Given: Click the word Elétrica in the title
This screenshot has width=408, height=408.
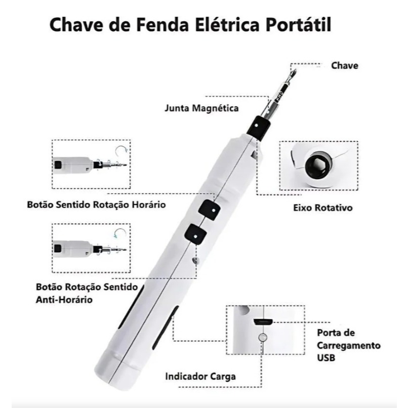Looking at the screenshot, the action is point(226,25).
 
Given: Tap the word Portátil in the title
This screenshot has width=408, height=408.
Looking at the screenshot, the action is point(299,25).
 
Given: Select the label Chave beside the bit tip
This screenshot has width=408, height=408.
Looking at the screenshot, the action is point(345,66).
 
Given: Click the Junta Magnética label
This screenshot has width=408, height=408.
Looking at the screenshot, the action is point(201,108).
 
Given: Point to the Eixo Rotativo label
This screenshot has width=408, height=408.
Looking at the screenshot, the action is point(323,208).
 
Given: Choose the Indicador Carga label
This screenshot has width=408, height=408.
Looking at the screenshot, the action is point(200,377).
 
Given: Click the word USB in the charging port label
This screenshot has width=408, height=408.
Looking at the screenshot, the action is point(326,358).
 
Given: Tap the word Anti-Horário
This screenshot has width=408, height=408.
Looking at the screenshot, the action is point(64,300).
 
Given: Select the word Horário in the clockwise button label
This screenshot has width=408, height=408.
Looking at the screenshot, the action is point(148,205).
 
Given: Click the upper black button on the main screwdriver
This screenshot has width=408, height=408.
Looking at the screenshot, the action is point(210,210).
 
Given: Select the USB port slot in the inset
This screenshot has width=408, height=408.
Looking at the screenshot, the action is point(263,321).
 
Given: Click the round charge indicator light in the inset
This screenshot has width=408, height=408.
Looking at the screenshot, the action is point(263,337).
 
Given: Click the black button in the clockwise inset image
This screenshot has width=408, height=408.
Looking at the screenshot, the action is point(58,165).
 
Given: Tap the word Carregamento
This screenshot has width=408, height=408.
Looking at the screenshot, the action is point(349,346).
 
